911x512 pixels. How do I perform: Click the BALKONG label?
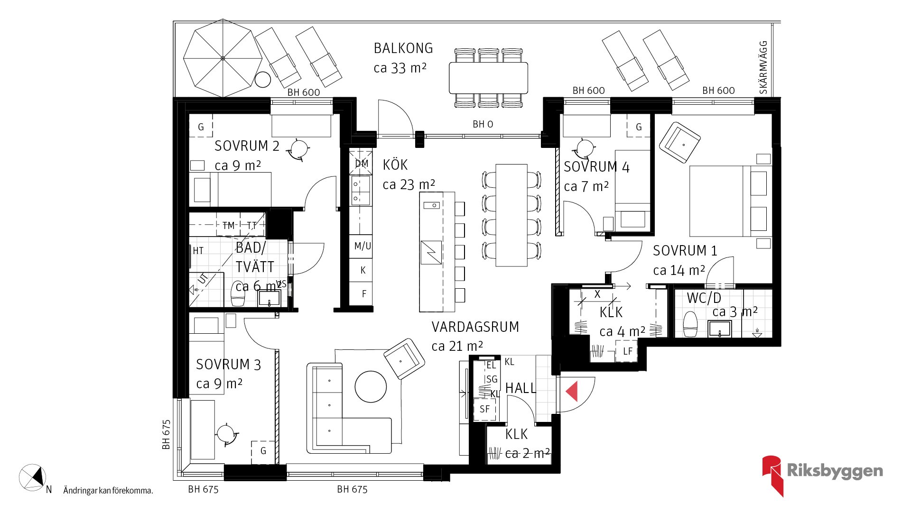click(x=403, y=48)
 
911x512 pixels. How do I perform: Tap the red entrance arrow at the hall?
click(x=572, y=392)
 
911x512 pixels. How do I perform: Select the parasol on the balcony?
click(x=223, y=58)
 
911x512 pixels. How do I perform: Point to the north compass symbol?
click(x=33, y=477)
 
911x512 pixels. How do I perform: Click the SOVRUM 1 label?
click(x=685, y=251)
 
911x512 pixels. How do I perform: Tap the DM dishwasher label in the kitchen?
click(x=362, y=164)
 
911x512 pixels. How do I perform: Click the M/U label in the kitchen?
click(x=363, y=246)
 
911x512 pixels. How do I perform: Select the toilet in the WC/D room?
click(x=690, y=324)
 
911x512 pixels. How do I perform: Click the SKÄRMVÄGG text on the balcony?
click(x=763, y=67)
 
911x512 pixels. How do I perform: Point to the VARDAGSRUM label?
click(x=475, y=327)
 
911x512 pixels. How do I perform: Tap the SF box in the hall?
click(x=484, y=409)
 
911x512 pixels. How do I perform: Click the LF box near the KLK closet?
click(x=627, y=351)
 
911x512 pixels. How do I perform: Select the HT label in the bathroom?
click(x=198, y=251)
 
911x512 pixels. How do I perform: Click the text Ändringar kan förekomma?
click(x=108, y=491)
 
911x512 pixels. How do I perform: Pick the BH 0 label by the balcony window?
click(x=483, y=124)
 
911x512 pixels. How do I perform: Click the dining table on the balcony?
click(x=488, y=78)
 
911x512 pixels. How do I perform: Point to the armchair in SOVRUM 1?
click(x=679, y=142)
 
